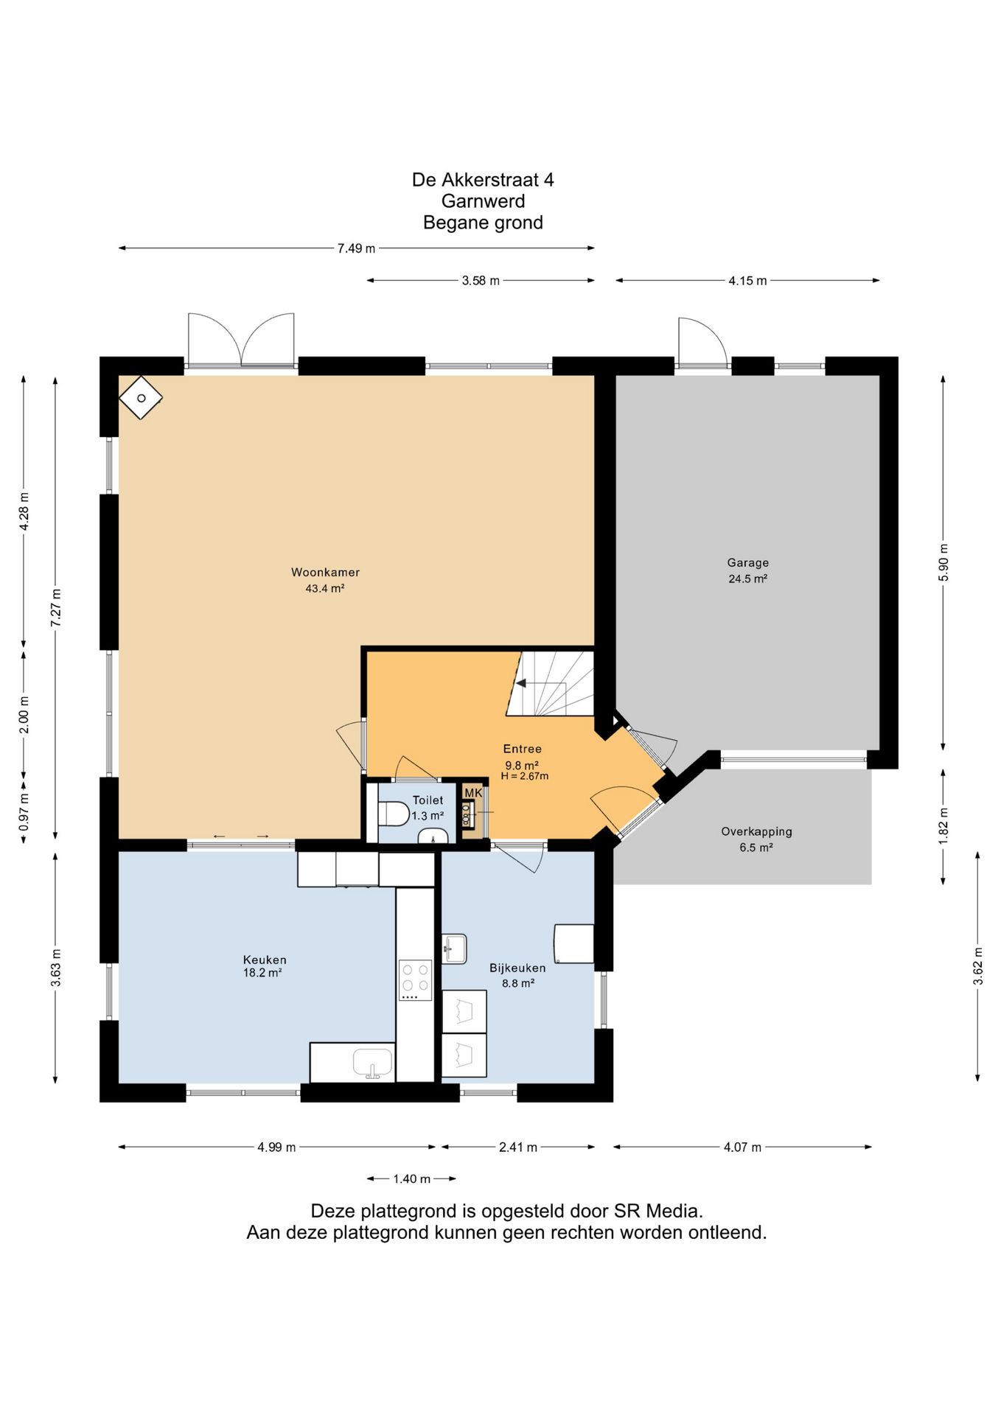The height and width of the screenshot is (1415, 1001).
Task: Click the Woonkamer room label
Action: coord(325,572)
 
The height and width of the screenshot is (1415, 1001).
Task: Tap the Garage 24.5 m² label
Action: coord(747,570)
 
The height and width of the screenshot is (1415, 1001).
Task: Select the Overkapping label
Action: coord(756,831)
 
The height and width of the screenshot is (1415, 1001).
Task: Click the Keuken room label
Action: coord(265,960)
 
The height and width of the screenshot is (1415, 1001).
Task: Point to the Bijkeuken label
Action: coord(517,968)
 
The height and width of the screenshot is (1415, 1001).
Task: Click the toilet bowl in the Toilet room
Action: coord(394,814)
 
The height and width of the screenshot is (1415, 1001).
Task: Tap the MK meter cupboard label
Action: coord(473,793)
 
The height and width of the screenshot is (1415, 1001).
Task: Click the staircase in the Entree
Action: coord(550,683)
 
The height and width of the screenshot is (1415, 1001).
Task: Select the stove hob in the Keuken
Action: coord(415,979)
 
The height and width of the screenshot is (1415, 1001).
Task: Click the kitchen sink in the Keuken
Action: coord(373,1063)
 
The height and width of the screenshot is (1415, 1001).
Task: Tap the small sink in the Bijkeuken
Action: coord(454,948)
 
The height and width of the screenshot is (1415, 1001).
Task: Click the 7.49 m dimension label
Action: coord(356,248)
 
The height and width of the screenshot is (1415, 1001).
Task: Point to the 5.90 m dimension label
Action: coord(944,562)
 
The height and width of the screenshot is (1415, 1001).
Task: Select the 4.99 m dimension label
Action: coord(276,1147)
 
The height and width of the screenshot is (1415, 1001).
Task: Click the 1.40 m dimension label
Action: coord(411,1179)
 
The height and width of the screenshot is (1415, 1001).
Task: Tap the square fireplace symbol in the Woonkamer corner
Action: coord(141,398)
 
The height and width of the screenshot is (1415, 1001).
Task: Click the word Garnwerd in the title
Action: coord(483,201)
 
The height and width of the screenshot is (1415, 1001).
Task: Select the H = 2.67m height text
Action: coord(525,776)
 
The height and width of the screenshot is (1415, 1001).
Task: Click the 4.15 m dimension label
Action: coord(747,281)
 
